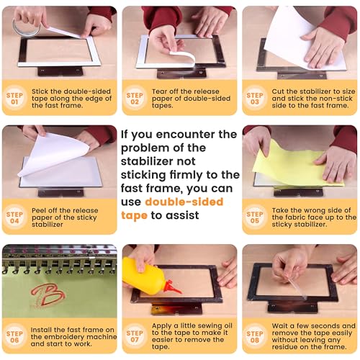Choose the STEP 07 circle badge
(135, 335)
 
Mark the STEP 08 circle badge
(255, 335)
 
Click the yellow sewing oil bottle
(143, 276)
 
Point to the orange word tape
(135, 215)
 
